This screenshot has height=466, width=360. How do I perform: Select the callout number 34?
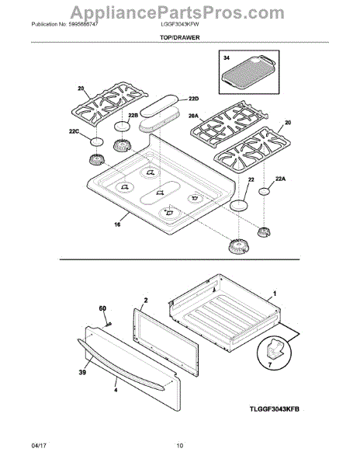[x=226, y=60]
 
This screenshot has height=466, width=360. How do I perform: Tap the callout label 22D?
[x=194, y=99]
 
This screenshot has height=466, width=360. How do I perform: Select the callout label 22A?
[x=281, y=177]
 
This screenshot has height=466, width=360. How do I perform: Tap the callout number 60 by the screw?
[x=102, y=308]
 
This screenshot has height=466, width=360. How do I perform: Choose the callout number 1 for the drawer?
[x=274, y=296]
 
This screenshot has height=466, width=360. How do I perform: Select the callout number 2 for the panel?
[x=146, y=299]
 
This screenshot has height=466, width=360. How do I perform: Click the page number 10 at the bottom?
[x=179, y=445]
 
